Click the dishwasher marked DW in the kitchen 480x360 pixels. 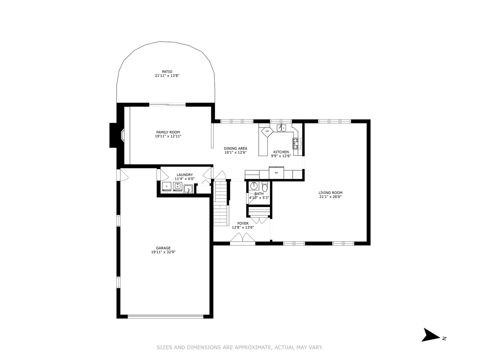click(x=267, y=131)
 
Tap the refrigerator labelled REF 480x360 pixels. click(x=276, y=173)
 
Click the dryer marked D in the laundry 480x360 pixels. click(x=166, y=187)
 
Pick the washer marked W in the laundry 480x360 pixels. click(x=177, y=187)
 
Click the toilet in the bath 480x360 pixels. click(x=265, y=186)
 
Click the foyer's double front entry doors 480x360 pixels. click(x=243, y=239)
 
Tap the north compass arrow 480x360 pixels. click(x=431, y=335)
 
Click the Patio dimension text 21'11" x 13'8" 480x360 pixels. click(x=167, y=76)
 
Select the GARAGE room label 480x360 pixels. click(x=163, y=248)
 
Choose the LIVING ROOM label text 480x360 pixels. click(x=330, y=193)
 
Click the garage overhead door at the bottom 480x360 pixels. click(x=165, y=316)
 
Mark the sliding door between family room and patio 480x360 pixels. click(x=167, y=105)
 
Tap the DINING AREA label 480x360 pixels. click(x=235, y=149)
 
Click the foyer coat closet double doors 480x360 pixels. click(x=259, y=220)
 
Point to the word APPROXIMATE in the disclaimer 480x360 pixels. click(x=253, y=348)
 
